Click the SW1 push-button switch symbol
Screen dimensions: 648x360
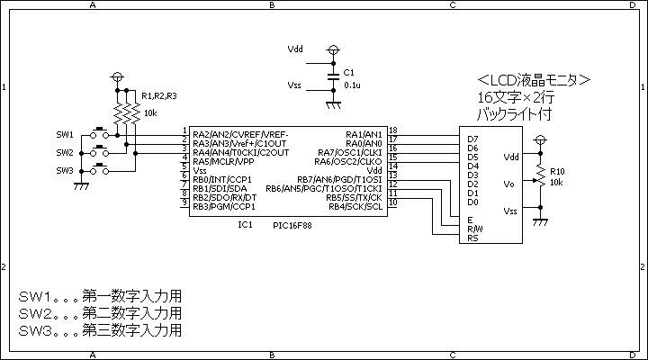coord(100,132)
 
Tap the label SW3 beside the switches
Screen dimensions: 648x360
coord(65,170)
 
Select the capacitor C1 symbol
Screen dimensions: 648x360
coord(334,76)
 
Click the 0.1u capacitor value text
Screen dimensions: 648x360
coord(352,85)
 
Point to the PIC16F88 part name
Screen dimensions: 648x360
coord(292,225)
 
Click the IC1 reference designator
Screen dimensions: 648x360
coord(245,224)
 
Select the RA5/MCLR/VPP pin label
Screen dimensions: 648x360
coord(223,162)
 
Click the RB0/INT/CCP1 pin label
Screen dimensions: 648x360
coord(222,180)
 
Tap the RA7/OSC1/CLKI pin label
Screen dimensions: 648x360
coord(350,152)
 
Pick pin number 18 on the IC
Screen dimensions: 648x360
coord(393,130)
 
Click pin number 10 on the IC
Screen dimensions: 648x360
coord(393,202)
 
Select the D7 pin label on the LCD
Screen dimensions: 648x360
coord(472,139)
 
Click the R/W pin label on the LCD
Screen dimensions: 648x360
coord(475,229)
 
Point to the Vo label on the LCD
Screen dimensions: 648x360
coord(509,184)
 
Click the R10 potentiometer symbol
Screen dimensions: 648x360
coord(539,175)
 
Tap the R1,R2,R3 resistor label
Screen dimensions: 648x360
coord(159,96)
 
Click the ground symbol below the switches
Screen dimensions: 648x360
coord(81,186)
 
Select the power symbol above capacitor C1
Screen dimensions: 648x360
coord(333,50)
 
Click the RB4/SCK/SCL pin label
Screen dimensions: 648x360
coord(355,207)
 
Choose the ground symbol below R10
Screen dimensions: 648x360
coord(540,222)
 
